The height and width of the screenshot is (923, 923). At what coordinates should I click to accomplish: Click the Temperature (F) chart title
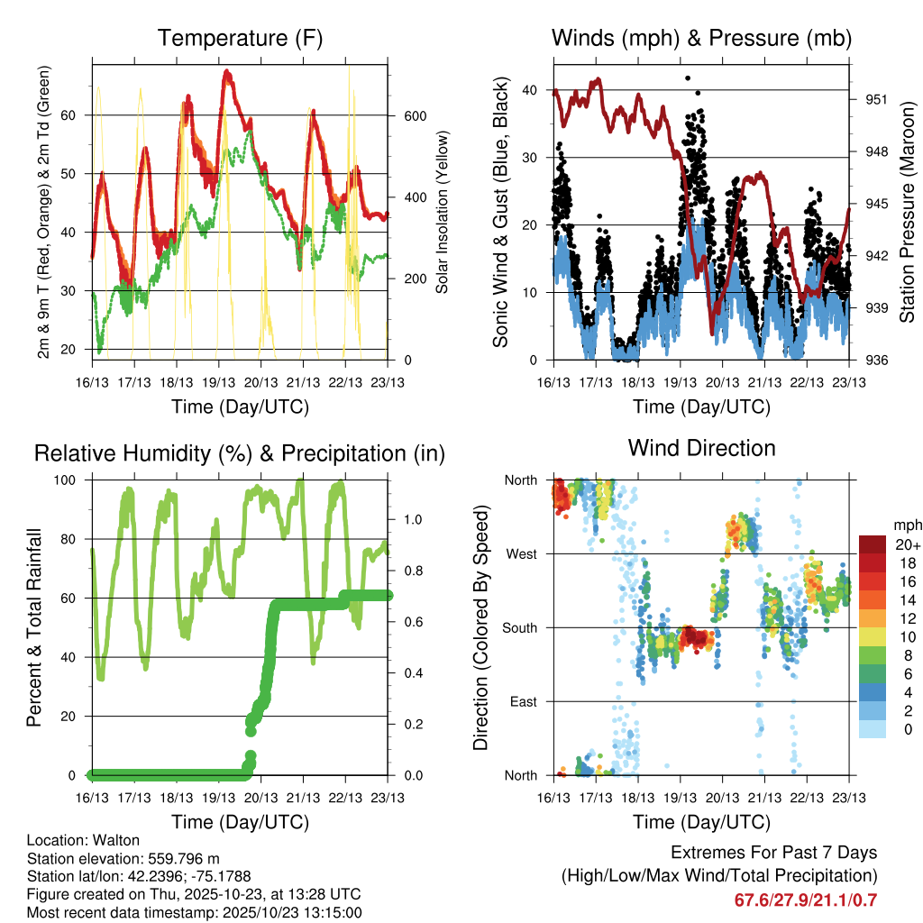(x=240, y=38)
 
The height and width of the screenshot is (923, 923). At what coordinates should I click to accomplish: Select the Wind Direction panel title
(x=701, y=448)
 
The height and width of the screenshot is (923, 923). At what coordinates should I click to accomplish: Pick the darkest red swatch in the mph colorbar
(x=873, y=544)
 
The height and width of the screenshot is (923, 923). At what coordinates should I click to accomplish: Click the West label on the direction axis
(x=522, y=553)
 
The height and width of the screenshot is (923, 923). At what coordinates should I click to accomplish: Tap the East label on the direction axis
(x=524, y=701)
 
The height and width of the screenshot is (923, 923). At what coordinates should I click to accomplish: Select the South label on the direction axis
(x=520, y=627)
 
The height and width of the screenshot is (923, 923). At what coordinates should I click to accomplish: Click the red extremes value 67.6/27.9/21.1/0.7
(x=807, y=900)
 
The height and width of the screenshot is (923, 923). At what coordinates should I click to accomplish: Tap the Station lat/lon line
(x=139, y=876)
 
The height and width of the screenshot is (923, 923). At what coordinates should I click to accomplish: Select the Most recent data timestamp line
(x=194, y=912)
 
